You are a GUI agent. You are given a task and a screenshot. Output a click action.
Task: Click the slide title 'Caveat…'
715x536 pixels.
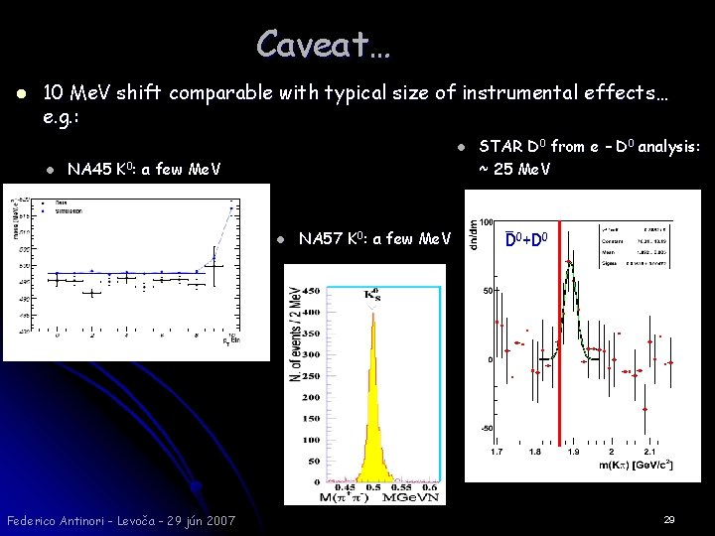pyautogui.click(x=324, y=43)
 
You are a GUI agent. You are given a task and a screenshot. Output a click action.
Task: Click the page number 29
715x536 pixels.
pyautogui.click(x=668, y=519)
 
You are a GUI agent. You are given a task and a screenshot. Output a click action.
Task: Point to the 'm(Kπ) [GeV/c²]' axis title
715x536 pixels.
pyautogui.click(x=644, y=465)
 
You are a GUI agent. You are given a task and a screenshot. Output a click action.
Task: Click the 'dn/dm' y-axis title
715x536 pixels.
pyautogui.click(x=474, y=235)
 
